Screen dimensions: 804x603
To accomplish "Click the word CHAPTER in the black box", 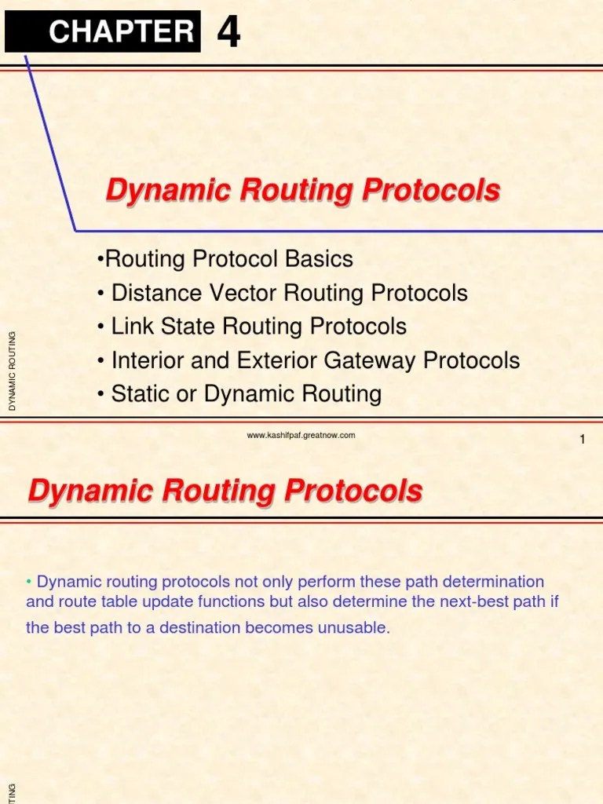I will tap(121, 31).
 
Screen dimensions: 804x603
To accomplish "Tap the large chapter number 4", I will tap(228, 32).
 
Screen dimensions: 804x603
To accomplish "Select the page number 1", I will tap(583, 440).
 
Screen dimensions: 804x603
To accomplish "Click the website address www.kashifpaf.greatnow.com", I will tap(301, 435).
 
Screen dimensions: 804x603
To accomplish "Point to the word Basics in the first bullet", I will tap(320, 259).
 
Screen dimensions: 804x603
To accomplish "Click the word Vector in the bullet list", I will tap(240, 294).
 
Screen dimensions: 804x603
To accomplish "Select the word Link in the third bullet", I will tap(131, 327).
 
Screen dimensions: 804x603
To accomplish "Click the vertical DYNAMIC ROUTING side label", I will tap(13, 371).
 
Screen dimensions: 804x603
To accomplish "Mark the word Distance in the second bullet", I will tap(154, 294).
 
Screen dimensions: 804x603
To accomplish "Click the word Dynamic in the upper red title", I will tap(155, 190).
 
